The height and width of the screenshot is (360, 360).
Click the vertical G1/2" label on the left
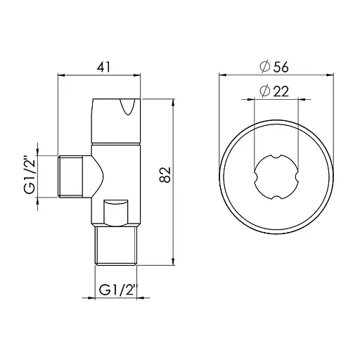tap(30, 176)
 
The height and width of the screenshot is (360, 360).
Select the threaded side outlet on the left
tap(71, 176)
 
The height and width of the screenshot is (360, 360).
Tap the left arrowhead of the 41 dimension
tap(58, 77)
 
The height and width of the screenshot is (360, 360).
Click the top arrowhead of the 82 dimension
tap(174, 102)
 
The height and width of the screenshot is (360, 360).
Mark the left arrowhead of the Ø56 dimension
tap(221, 77)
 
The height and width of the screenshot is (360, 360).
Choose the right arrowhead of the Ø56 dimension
tap(328, 77)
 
